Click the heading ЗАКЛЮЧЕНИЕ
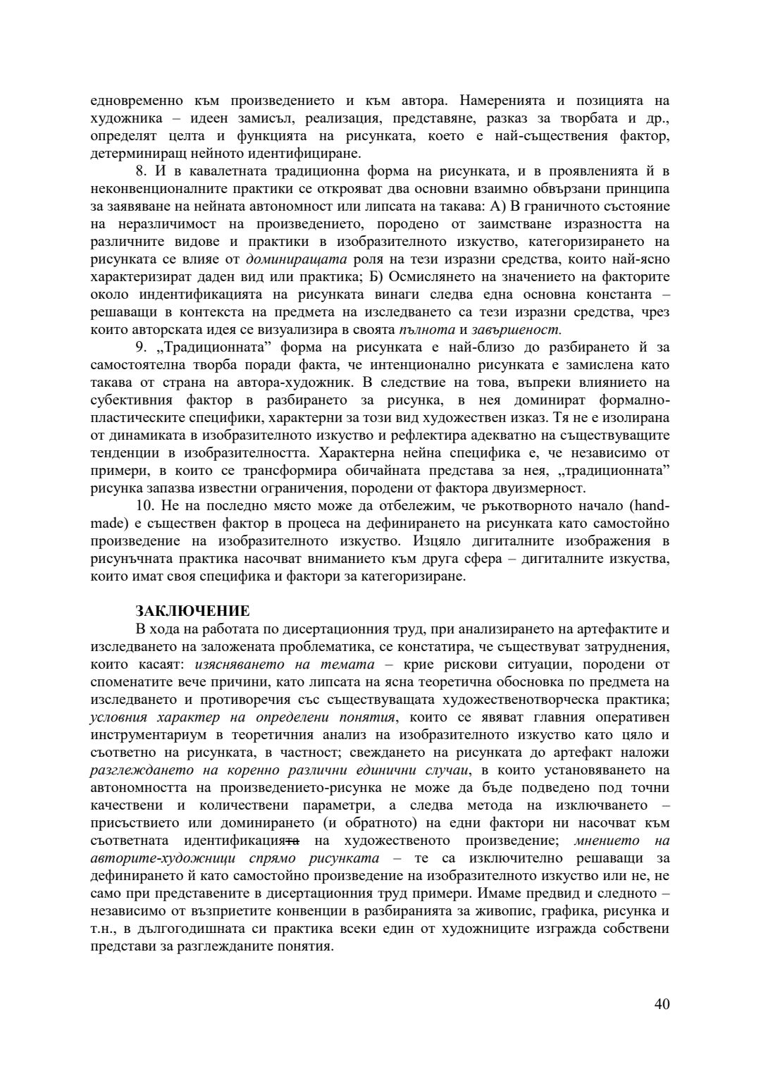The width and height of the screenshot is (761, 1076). [x=192, y=611]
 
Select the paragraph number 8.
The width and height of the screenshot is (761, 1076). [x=141, y=171]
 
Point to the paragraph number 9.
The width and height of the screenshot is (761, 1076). [x=141, y=347]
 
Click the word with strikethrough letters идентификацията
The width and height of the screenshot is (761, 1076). [x=242, y=841]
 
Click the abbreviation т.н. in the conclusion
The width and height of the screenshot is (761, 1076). [x=103, y=929]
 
